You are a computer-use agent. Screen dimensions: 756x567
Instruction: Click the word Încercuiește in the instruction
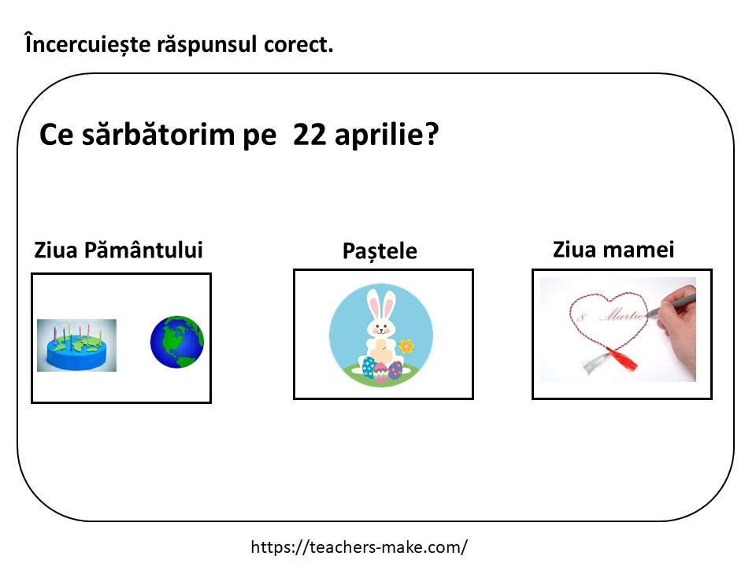pos(87,44)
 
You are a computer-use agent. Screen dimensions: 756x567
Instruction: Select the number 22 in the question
pos(309,134)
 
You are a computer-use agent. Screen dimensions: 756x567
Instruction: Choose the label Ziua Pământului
pos(118,250)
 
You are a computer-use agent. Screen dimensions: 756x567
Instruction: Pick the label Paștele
pos(380,251)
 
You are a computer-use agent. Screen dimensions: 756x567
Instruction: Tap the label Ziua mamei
pos(613,250)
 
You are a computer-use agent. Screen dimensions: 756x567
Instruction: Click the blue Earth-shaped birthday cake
pos(76,345)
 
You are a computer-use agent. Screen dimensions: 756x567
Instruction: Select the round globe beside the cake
pos(177,342)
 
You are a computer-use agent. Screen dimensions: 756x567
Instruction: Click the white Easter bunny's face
pos(381,328)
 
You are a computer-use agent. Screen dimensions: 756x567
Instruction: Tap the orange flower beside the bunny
pos(406,346)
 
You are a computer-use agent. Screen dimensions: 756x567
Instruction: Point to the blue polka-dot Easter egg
pos(369,368)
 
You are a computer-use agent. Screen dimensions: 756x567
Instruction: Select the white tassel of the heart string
pos(596,362)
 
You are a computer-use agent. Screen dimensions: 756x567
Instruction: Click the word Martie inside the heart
pos(622,315)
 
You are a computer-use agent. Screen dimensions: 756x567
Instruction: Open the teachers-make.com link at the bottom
pos(359,547)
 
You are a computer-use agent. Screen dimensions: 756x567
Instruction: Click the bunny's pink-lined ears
pos(381,306)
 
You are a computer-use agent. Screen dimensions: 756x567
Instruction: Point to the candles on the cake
pos(77,332)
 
